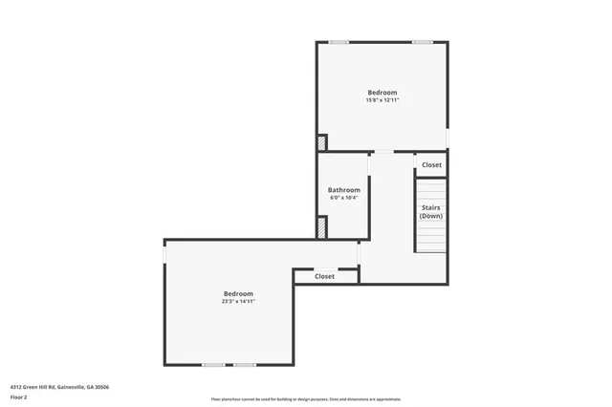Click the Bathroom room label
pyautogui.click(x=343, y=190)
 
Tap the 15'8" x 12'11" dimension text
pyautogui.click(x=382, y=100)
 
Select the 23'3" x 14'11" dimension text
pyautogui.click(x=238, y=301)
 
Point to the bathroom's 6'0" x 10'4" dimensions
pyautogui.click(x=343, y=198)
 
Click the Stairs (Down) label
pyautogui.click(x=431, y=211)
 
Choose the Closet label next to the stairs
pyautogui.click(x=432, y=164)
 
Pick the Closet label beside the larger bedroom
pyautogui.click(x=325, y=276)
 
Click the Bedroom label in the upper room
pyautogui.click(x=382, y=93)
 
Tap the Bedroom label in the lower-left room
pyautogui.click(x=238, y=292)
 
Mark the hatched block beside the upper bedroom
pyautogui.click(x=322, y=142)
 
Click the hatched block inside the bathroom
pyautogui.click(x=322, y=227)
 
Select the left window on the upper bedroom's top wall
pyautogui.click(x=339, y=42)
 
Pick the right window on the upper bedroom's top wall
pyautogui.click(x=422, y=42)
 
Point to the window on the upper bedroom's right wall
pyautogui.click(x=448, y=139)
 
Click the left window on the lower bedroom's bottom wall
pyautogui.click(x=213, y=364)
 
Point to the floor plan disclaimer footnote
pyautogui.click(x=307, y=399)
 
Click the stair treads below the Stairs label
pyautogui.click(x=431, y=239)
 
